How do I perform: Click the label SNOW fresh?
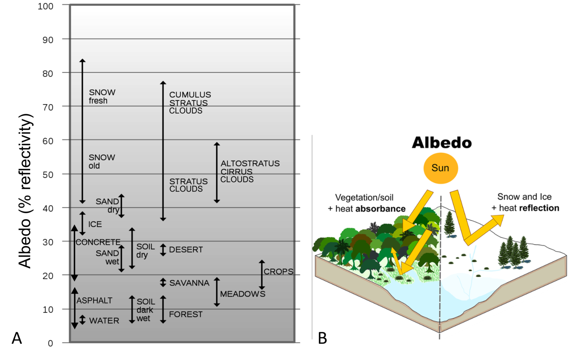102,96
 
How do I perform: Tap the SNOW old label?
102,162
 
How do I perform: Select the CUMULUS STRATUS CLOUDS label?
190,103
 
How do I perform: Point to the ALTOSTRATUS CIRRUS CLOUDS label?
250,171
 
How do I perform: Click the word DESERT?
186,250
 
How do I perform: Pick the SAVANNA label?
189,283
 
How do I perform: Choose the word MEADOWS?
243,294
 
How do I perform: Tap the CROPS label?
278,271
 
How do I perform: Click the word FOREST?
186,314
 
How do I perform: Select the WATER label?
104,321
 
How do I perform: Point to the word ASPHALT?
94,301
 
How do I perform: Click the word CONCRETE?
98,242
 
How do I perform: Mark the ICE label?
95,224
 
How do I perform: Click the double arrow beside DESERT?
163,250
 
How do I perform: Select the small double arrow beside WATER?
83,320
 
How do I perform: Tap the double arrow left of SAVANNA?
163,283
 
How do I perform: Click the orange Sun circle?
440,168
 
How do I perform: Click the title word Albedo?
442,143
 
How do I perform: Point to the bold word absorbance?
380,209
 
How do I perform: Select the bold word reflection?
539,208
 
